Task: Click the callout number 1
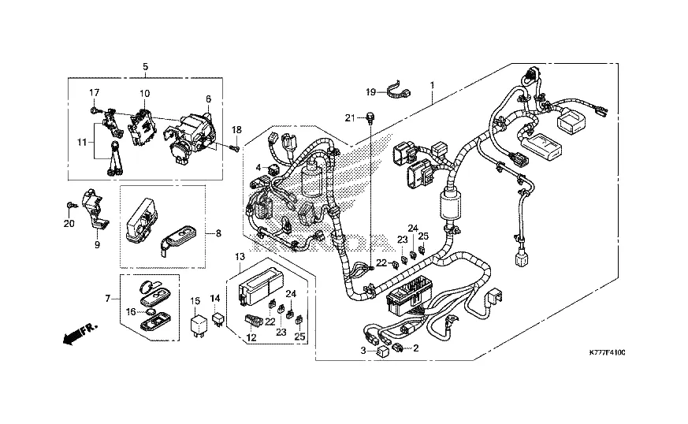tap(431, 84)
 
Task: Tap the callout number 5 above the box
tap(146, 67)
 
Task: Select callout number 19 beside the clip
tap(370, 93)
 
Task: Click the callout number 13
tap(239, 257)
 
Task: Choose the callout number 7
tap(107, 298)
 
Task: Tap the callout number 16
tap(130, 312)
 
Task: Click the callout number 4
tap(257, 167)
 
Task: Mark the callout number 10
tap(144, 94)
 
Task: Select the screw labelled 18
tap(233, 147)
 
